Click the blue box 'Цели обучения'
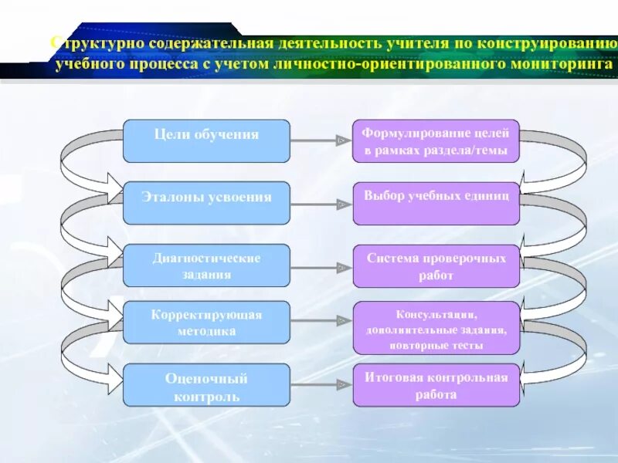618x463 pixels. tap(206, 140)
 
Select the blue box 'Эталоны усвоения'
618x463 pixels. tap(206, 203)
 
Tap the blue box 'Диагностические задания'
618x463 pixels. tap(206, 265)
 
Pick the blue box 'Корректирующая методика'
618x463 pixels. tap(206, 323)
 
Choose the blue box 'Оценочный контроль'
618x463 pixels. tap(206, 386)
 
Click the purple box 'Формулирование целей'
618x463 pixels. tap(436, 140)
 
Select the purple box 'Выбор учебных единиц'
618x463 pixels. tap(436, 203)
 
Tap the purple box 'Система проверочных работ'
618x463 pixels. tap(436, 265)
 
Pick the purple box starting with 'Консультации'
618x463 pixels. tap(436, 328)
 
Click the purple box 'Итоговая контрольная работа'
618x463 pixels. tap(436, 385)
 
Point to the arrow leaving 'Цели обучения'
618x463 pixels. tap(321, 140)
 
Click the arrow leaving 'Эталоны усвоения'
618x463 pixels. tap(321, 204)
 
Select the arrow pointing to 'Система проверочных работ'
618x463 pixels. tap(321, 267)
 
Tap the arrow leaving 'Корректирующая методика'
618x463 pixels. tap(321, 319)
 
